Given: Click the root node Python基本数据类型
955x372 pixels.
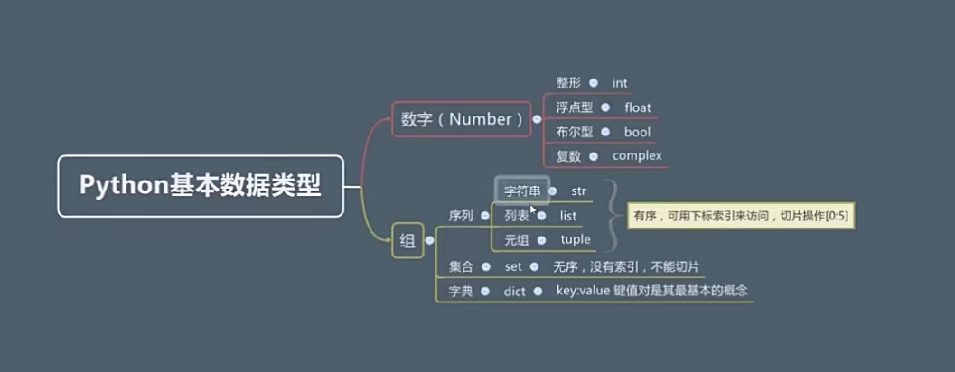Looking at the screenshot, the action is point(200,186).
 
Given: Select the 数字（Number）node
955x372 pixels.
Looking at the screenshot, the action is point(462,119).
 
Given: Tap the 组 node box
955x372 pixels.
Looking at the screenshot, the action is point(407,240).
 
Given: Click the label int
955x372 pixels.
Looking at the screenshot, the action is point(619,83).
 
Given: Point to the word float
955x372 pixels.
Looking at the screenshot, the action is point(637,107).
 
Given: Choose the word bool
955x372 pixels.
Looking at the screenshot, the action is point(637,132).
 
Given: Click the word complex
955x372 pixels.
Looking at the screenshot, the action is point(637,155).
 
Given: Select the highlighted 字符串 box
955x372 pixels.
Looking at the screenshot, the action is point(521,191).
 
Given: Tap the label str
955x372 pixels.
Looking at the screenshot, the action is point(579,191).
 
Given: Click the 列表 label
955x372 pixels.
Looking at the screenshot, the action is point(517,216).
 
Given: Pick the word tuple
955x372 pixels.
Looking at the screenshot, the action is point(576,239).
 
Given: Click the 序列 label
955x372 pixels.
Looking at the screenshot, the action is point(461,216).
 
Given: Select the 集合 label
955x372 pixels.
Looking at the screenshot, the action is point(461,266).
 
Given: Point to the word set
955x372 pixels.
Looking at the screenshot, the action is point(513,266).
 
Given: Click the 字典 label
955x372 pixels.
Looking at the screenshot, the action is point(461,291).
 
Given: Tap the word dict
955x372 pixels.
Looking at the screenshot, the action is point(514,291).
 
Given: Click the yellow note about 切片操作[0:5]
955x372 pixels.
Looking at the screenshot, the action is point(741,216).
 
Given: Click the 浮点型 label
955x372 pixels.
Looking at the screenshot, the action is point(575,107).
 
